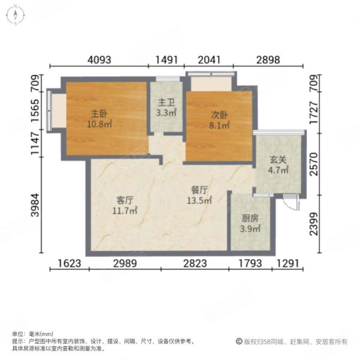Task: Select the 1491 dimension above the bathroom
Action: coord(167,59)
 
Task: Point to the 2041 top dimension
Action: coord(209,59)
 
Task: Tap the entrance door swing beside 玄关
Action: coord(292,203)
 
